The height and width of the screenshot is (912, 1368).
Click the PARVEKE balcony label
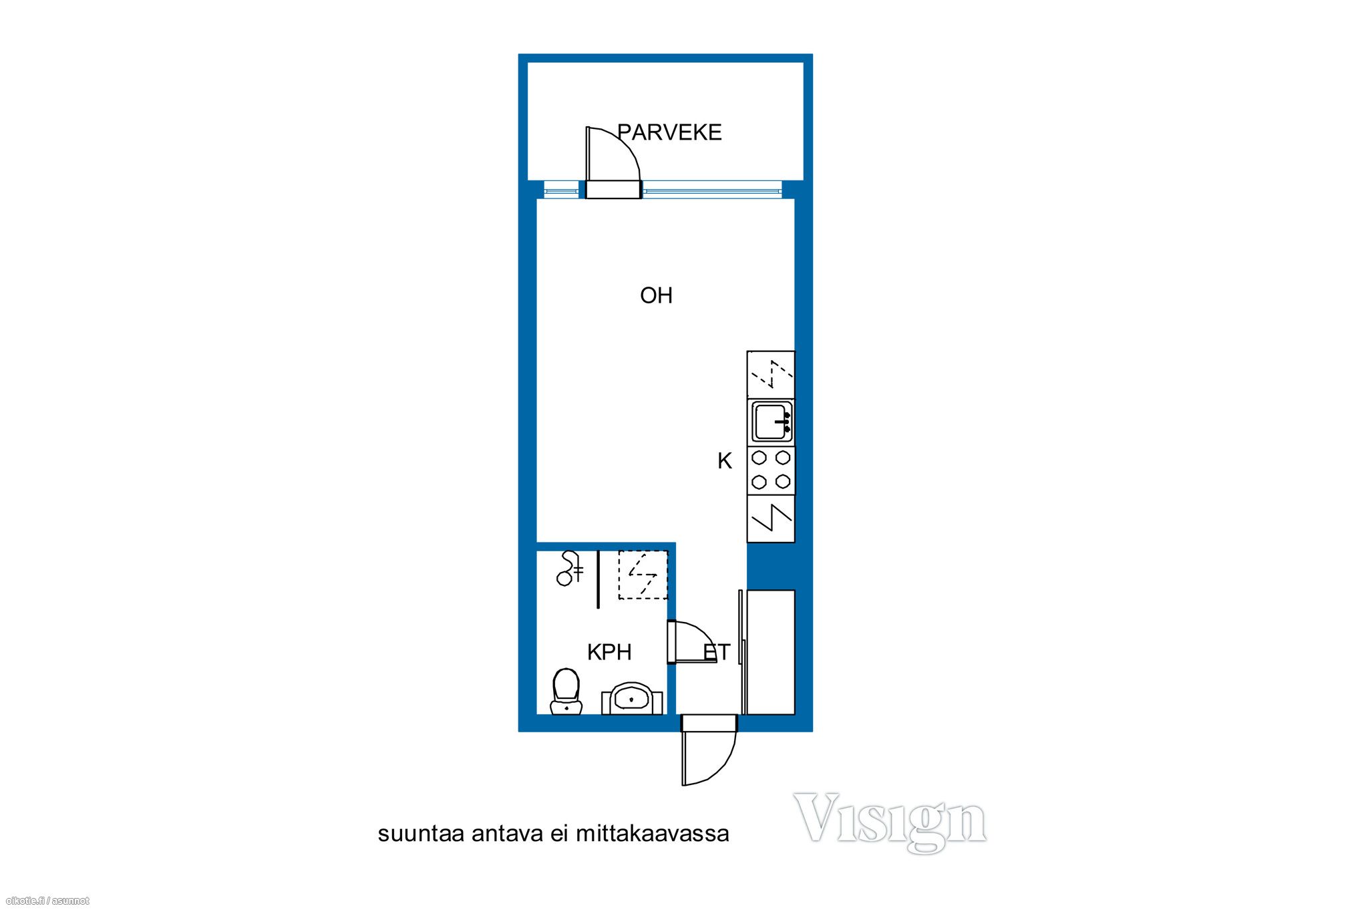click(669, 132)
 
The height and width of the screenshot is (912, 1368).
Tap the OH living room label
click(656, 295)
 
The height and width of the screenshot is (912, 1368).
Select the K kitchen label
click(725, 461)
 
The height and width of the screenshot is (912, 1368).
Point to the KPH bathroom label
click(609, 652)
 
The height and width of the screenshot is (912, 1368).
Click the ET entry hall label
click(717, 651)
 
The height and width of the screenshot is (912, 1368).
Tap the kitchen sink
click(772, 422)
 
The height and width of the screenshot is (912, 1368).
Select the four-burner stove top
click(771, 470)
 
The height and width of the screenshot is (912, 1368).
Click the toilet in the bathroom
click(566, 691)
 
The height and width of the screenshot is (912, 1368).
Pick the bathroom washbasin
click(632, 698)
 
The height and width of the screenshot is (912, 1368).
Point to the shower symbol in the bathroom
click(569, 569)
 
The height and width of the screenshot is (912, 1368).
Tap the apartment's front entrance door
click(709, 750)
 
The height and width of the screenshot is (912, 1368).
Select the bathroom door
click(691, 642)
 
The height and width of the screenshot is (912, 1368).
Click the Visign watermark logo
click(890, 821)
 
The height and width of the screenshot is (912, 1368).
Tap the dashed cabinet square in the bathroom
click(643, 575)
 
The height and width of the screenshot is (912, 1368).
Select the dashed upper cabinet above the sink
click(771, 374)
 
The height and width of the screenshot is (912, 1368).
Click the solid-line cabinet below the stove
click(771, 518)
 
